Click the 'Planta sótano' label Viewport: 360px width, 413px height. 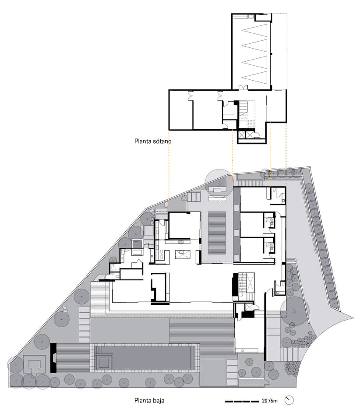point(153,141)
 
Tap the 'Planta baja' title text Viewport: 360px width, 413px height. point(149,401)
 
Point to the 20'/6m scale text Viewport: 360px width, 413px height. point(270,401)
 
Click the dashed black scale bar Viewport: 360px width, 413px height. point(242,402)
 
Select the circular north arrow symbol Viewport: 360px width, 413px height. point(289,400)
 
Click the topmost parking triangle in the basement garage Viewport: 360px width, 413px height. point(254,30)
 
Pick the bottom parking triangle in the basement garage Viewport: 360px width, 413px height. point(254,78)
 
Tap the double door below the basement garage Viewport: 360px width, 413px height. point(244,88)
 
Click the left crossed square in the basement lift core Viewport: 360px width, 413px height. point(241,135)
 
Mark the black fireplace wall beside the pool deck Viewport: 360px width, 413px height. point(53,358)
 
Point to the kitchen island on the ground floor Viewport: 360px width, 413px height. point(182,255)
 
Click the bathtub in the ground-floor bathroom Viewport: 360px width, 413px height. point(137,252)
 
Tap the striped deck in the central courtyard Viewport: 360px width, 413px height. point(217,233)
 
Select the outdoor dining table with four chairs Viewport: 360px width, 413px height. point(217,198)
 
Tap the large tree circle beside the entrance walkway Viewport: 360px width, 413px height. point(295,311)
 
